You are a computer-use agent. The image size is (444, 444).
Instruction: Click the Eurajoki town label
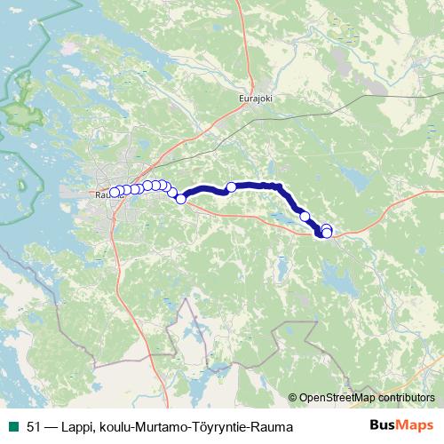click(x=255, y=99)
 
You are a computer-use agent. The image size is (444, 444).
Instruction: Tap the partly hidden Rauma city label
click(x=101, y=194)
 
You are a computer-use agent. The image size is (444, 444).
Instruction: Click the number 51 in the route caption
click(x=33, y=427)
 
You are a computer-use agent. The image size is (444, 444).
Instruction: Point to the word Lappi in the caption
click(x=74, y=427)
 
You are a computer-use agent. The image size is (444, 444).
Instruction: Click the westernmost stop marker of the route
click(x=114, y=192)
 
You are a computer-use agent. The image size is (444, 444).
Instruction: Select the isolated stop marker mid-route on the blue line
click(x=232, y=186)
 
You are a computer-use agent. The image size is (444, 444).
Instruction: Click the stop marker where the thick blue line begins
click(x=181, y=198)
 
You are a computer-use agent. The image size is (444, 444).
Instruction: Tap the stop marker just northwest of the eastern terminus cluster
click(x=305, y=216)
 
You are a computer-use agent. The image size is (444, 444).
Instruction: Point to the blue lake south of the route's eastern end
click(x=337, y=280)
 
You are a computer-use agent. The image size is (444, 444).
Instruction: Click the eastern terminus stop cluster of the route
click(x=326, y=231)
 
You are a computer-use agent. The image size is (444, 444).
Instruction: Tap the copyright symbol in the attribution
click(x=293, y=399)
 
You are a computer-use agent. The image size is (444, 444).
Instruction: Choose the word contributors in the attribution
click(x=405, y=399)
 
